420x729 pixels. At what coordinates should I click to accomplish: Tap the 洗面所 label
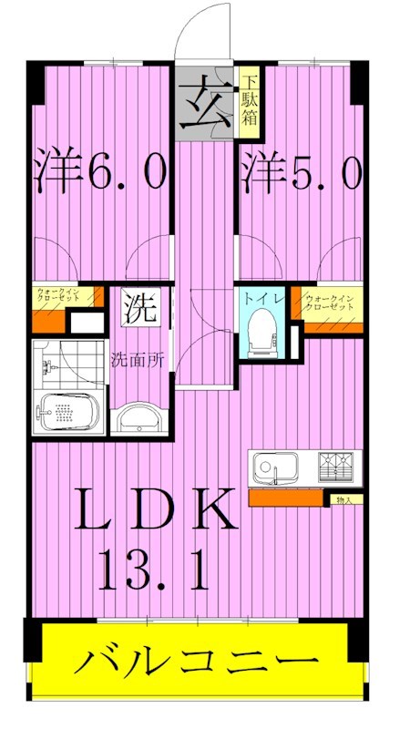(x=138, y=359)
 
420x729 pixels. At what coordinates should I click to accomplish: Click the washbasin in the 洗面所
(x=139, y=418)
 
